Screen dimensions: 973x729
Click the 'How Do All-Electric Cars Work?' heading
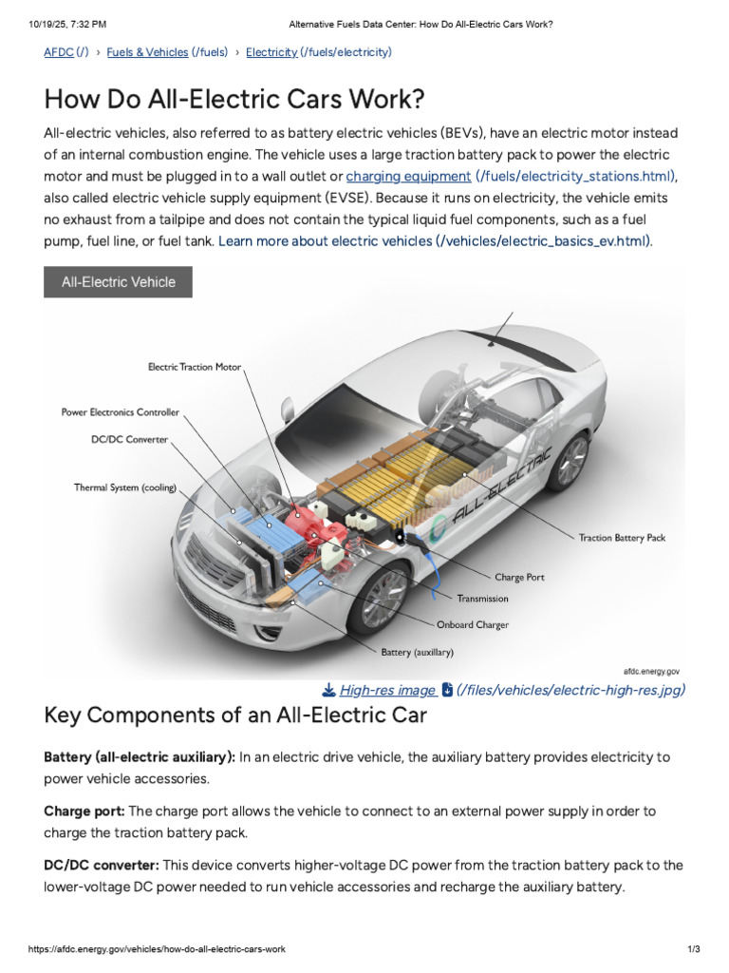pyautogui.click(x=234, y=99)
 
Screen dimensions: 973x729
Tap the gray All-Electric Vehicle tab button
pyautogui.click(x=118, y=282)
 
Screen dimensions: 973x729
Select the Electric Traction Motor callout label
pyautogui.click(x=195, y=367)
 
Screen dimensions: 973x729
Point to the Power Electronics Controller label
pyautogui.click(x=120, y=412)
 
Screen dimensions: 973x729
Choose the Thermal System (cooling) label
pyautogui.click(x=125, y=487)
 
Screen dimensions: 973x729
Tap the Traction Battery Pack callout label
pyautogui.click(x=622, y=538)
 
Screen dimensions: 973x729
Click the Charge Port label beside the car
pyautogui.click(x=519, y=577)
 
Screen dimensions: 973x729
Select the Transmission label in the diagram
pyautogui.click(x=482, y=599)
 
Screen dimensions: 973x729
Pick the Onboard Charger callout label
pyautogui.click(x=472, y=625)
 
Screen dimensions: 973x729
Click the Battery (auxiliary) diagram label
pyautogui.click(x=417, y=653)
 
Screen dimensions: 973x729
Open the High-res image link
pyautogui.click(x=387, y=690)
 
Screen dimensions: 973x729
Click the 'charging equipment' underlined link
pyautogui.click(x=408, y=176)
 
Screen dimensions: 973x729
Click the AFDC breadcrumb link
pyautogui.click(x=58, y=52)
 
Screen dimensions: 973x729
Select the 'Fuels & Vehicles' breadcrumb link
pyautogui.click(x=147, y=52)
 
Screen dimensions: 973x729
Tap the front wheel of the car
pyautogui.click(x=383, y=599)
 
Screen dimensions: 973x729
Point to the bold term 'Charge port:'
pyautogui.click(x=84, y=811)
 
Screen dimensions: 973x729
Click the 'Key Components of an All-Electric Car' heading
pyautogui.click(x=235, y=715)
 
